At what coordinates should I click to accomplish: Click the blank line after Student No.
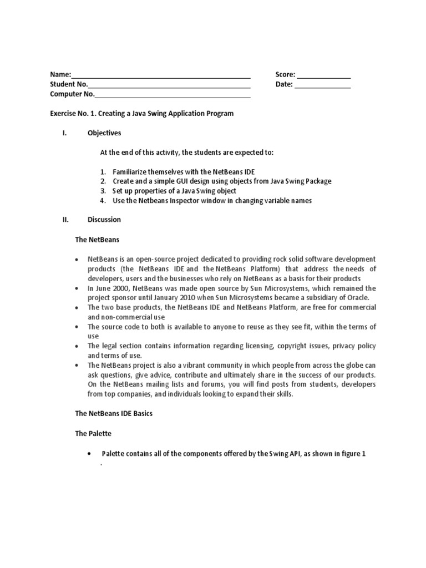pyautogui.click(x=169, y=86)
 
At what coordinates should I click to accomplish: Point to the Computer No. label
pyautogui.click(x=72, y=95)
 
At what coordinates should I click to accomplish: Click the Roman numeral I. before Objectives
pyautogui.click(x=64, y=133)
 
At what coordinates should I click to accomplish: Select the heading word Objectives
pyautogui.click(x=104, y=133)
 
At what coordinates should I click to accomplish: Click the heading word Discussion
pyautogui.click(x=104, y=219)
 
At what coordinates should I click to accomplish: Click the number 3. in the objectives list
pyautogui.click(x=103, y=191)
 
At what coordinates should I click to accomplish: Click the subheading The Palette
pyautogui.click(x=93, y=433)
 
